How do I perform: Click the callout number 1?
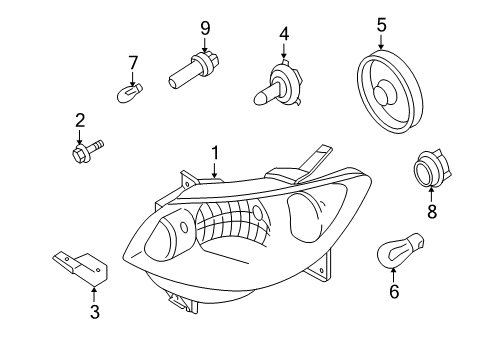[215, 154]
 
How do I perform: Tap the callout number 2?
[80, 120]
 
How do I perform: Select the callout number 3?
[95, 312]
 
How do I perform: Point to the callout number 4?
[284, 34]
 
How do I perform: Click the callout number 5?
[382, 25]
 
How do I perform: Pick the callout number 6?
[394, 291]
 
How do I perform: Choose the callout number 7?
[133, 63]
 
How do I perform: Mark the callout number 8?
[432, 211]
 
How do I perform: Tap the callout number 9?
[205, 29]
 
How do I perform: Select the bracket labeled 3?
[81, 268]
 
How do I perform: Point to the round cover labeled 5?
[390, 91]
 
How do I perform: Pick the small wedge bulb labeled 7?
[130, 93]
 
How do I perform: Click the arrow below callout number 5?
[381, 42]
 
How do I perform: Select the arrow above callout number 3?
[95, 295]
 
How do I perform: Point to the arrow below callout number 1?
[215, 170]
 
